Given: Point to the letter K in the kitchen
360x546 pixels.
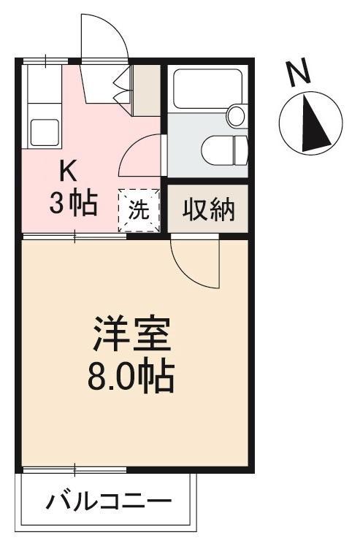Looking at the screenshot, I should (x=68, y=172).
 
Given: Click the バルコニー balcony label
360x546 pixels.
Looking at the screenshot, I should (x=110, y=503).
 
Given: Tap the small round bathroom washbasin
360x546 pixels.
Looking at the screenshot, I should (x=236, y=115).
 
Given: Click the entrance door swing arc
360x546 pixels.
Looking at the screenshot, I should (x=102, y=33).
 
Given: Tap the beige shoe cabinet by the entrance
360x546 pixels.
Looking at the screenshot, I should (x=147, y=90).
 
